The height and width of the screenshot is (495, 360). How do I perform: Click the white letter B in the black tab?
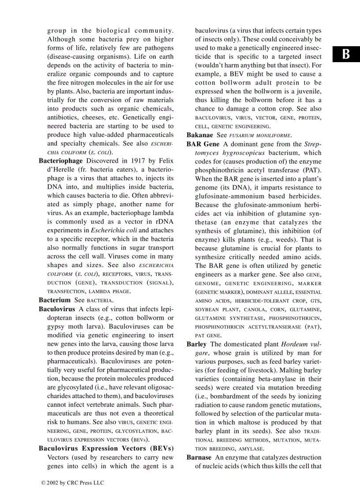346,55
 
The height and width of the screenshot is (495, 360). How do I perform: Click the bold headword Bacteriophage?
60,161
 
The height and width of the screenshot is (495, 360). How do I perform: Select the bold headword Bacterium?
55,300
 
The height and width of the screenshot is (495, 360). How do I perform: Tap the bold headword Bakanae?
200,135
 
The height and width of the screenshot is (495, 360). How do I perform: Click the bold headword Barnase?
199,457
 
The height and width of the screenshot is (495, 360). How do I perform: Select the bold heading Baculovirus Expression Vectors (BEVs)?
106,448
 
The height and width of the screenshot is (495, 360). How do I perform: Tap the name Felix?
165,161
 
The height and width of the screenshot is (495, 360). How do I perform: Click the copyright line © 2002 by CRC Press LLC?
73,483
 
